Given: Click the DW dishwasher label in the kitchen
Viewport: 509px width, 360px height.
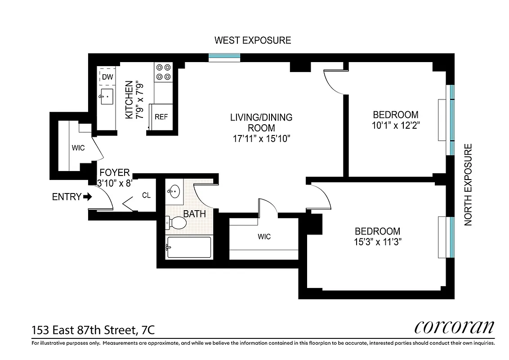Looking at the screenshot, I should [x=107, y=77].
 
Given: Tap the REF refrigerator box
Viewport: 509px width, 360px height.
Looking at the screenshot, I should [x=161, y=117].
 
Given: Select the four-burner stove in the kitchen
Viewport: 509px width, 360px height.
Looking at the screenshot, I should [x=163, y=72].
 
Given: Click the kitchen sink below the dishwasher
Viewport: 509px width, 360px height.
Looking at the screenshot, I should [x=107, y=96].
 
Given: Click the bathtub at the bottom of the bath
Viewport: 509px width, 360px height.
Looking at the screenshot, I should [x=189, y=247].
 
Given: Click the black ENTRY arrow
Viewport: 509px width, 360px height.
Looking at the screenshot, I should [x=87, y=197].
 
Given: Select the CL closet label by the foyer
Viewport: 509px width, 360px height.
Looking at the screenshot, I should [x=146, y=195].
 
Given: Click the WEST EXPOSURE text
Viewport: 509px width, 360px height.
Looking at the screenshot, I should [x=252, y=40].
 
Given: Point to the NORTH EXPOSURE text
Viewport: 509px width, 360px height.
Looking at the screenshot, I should [x=468, y=184].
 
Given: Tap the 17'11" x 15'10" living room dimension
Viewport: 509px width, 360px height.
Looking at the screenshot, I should [x=261, y=139].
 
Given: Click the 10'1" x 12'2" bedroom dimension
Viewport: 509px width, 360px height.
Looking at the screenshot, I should [x=395, y=126].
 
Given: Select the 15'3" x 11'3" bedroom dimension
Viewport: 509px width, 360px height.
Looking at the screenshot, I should [x=377, y=242].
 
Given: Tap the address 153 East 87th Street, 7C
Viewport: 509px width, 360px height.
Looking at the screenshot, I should [x=93, y=330].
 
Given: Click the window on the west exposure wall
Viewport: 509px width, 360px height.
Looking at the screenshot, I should [x=224, y=57].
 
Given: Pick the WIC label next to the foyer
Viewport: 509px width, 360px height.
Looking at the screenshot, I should [x=78, y=148].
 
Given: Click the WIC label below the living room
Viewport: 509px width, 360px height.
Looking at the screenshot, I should [x=264, y=237].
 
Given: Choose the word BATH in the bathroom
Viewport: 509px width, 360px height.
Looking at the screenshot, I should [x=194, y=214].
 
